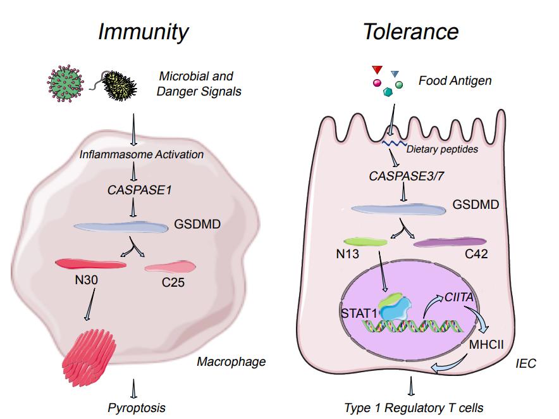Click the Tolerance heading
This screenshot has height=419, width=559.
pyautogui.click(x=411, y=32)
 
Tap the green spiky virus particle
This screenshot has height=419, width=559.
pyautogui.click(x=65, y=84)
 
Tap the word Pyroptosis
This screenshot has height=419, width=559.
pyautogui.click(x=136, y=407)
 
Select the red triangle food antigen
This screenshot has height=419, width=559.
pyautogui.click(x=377, y=69)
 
